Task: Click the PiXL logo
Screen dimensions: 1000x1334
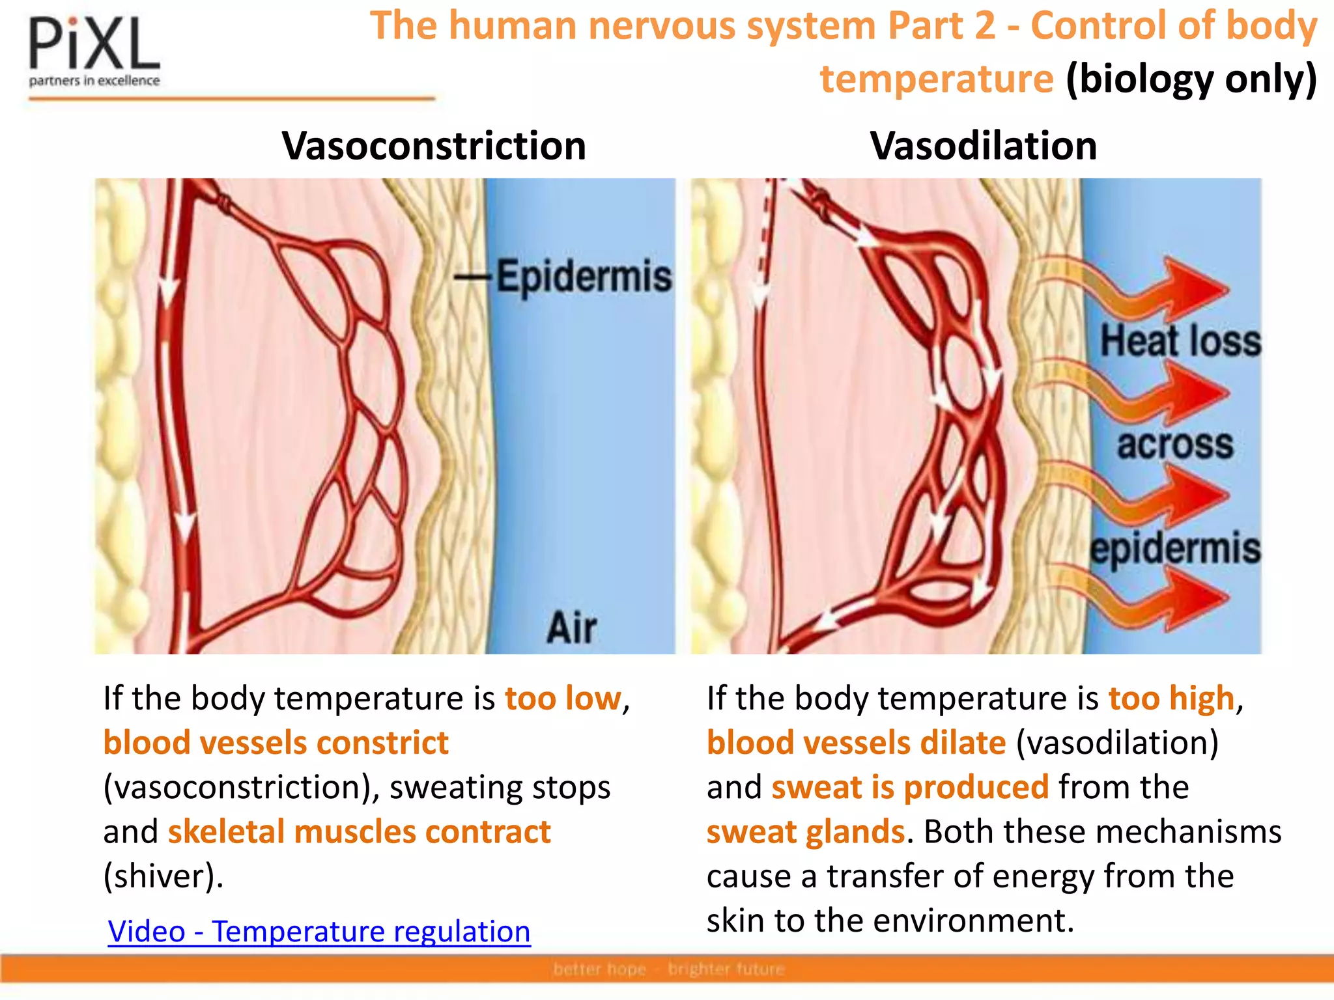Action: pos(94,52)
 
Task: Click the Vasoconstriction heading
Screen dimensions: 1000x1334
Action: pos(434,145)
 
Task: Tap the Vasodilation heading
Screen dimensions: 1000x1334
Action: pos(984,145)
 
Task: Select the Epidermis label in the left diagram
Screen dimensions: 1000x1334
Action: pos(583,277)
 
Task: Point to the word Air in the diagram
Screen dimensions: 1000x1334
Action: pos(571,628)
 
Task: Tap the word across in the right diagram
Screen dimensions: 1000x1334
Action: pos(1175,445)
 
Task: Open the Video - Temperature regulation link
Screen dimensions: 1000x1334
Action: pos(319,931)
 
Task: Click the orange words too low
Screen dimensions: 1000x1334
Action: pos(563,699)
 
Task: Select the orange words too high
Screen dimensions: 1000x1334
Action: pos(1171,699)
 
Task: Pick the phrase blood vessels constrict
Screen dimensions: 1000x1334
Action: pos(276,743)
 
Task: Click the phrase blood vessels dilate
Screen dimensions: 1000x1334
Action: pos(857,743)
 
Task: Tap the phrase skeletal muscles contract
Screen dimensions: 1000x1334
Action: pos(360,832)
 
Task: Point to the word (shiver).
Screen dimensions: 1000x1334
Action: pos(163,876)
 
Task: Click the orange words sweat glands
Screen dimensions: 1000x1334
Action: pos(806,832)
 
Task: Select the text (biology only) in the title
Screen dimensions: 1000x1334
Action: pos(1191,79)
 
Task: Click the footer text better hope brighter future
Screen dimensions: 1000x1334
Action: pos(669,969)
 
